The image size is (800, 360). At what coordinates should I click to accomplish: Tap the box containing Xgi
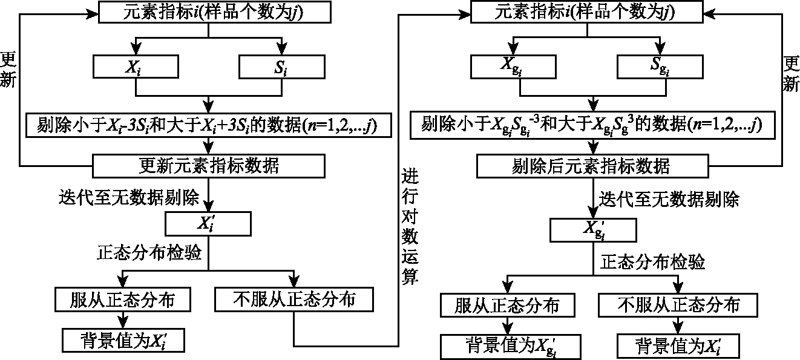click(514, 67)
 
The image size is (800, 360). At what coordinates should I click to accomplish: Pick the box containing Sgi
click(660, 67)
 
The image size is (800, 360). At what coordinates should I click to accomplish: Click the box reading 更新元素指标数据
click(209, 165)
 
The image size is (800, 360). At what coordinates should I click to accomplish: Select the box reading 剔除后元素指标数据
click(591, 165)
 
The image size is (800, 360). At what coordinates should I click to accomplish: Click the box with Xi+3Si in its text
click(209, 126)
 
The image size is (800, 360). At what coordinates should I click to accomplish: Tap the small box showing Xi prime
click(208, 223)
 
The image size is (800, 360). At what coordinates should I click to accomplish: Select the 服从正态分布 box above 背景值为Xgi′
click(507, 305)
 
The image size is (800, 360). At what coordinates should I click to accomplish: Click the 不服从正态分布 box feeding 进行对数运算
click(293, 300)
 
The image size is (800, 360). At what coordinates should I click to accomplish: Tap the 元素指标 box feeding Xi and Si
click(209, 11)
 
